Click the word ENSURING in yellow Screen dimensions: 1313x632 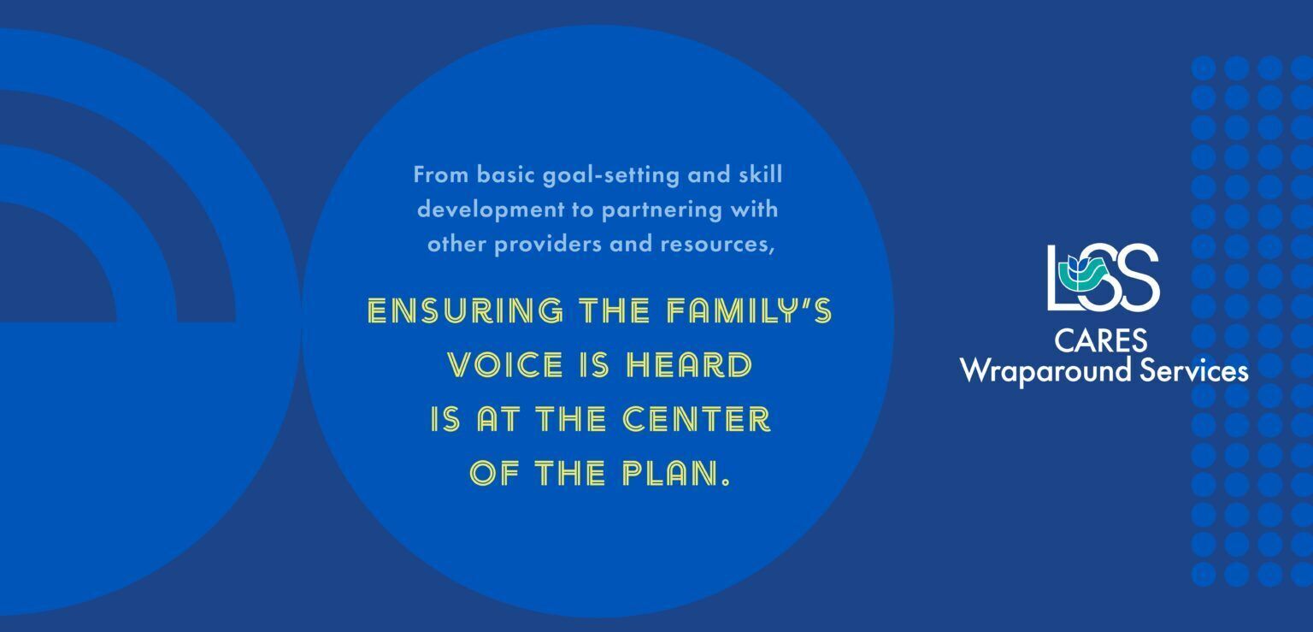point(465,310)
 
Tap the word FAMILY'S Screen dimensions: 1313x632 point(749,310)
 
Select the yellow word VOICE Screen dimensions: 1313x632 point(505,365)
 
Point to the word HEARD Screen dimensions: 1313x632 point(689,365)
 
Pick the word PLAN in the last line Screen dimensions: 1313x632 point(668,474)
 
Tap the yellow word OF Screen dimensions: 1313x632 point(494,474)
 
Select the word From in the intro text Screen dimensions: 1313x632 point(440,174)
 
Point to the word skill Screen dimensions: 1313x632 point(760,174)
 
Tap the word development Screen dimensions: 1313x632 point(491,210)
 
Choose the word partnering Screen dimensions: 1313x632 point(662,210)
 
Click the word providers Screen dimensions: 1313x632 point(547,244)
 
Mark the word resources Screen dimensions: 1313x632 point(717,245)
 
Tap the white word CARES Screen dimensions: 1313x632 point(1101,340)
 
